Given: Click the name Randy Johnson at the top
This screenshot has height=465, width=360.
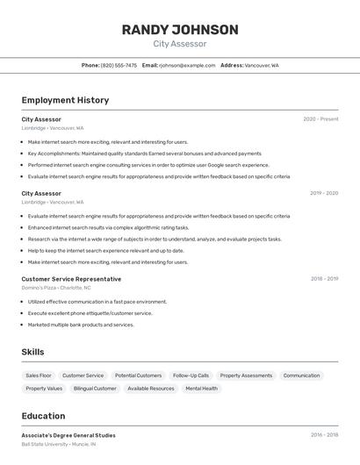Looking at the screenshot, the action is (x=180, y=30).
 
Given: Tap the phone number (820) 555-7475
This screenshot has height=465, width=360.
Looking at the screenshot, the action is (x=119, y=65).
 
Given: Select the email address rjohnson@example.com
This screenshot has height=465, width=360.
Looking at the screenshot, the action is (x=187, y=65).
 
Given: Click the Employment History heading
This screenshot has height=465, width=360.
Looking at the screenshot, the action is (x=65, y=100).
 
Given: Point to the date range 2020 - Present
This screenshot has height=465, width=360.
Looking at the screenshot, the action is (x=320, y=119).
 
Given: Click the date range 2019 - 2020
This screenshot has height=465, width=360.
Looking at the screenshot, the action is (x=324, y=193).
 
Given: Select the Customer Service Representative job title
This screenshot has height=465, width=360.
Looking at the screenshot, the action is (x=71, y=279).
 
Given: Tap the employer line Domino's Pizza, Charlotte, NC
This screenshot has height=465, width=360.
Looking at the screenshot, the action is (x=56, y=288).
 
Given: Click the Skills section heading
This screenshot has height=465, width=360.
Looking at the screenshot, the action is (x=33, y=352).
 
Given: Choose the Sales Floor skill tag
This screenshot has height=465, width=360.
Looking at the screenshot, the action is (x=39, y=376).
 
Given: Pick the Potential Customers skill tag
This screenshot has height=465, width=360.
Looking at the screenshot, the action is (x=138, y=376).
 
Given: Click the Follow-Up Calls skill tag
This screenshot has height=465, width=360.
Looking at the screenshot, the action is (x=191, y=376).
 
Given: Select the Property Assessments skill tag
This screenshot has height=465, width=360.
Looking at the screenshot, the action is (x=246, y=376).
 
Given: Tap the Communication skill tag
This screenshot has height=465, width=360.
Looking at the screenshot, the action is (x=301, y=376).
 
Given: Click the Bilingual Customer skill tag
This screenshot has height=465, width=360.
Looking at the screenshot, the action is (x=95, y=388).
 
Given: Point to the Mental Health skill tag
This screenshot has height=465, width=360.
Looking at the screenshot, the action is (x=201, y=388).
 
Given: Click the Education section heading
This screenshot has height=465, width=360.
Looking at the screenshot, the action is (x=43, y=416).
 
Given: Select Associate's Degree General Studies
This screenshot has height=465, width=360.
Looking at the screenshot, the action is (x=68, y=435).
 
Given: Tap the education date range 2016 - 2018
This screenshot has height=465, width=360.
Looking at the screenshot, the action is (x=324, y=435).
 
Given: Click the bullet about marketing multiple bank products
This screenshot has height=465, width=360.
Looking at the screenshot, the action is (x=81, y=325).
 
